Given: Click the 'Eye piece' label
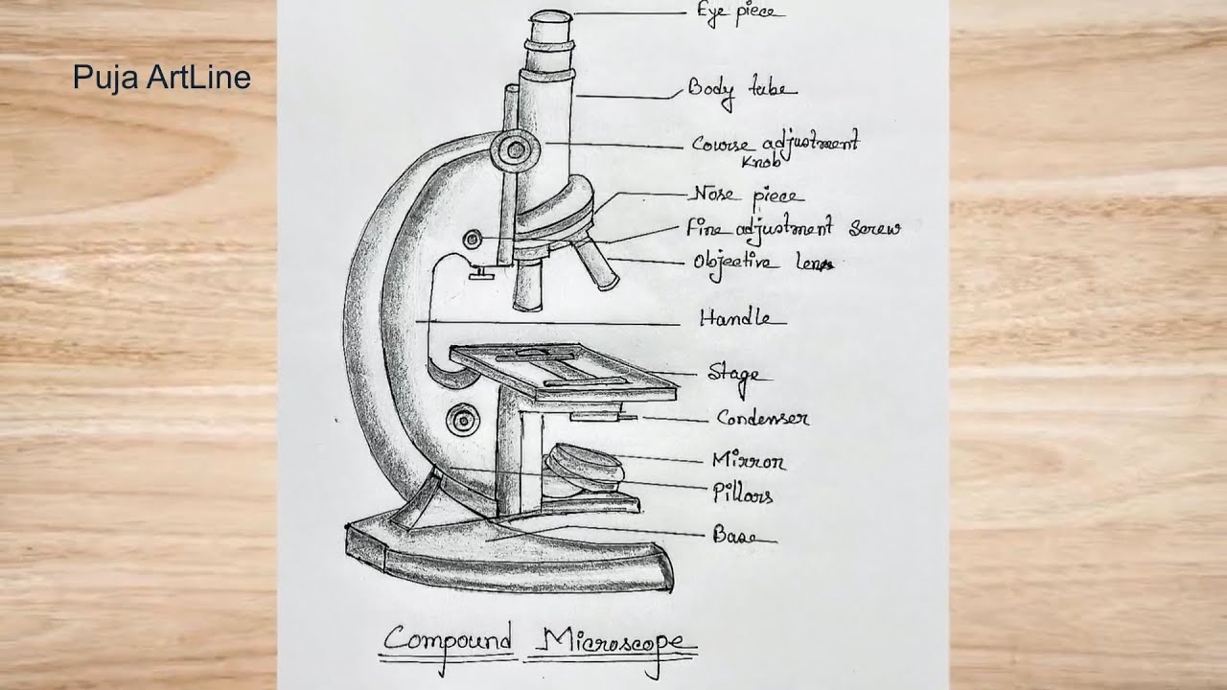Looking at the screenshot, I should point(740,12).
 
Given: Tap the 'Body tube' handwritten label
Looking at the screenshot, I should point(741,90).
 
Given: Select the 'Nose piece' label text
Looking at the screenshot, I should point(746,195).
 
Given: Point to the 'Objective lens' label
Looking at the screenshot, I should point(763,262).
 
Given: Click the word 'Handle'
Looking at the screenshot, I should point(742,319).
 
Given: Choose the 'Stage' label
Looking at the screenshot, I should point(732,373).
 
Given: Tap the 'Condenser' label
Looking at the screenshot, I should point(763,419).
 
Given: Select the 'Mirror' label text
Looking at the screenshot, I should point(748,462).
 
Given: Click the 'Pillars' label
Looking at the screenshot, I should point(742,494).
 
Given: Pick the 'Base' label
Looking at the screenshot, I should point(733,537).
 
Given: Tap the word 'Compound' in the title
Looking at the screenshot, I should point(449,640).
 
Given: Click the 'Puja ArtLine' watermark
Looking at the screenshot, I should point(161,78).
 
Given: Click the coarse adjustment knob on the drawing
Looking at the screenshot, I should point(515,149).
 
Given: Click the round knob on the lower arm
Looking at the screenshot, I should point(462,419).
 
